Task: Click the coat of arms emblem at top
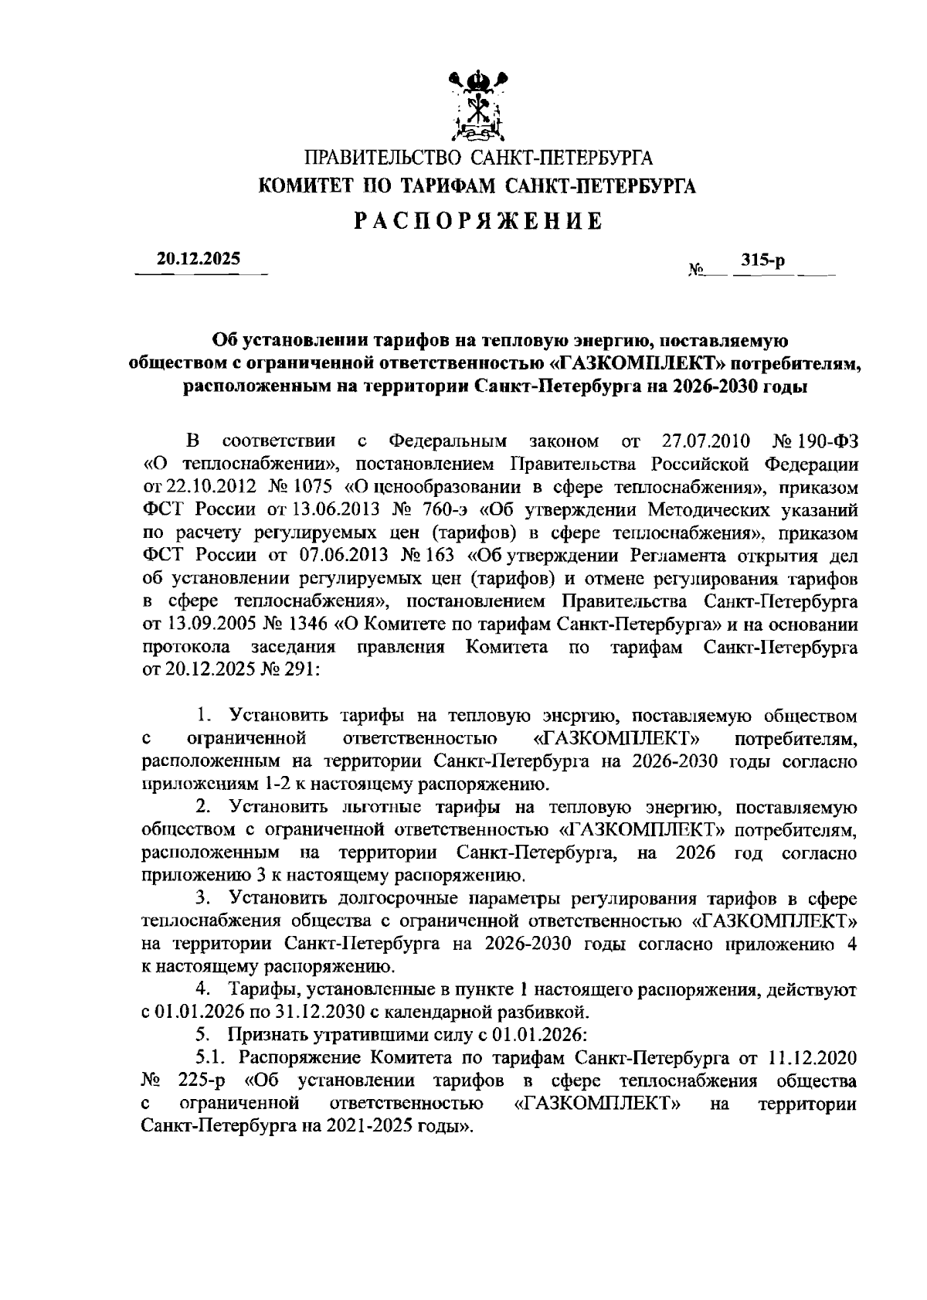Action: [x=477, y=107]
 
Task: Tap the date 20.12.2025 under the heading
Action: [x=199, y=260]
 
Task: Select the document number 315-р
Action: [x=762, y=261]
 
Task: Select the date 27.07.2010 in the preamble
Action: [x=707, y=441]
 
